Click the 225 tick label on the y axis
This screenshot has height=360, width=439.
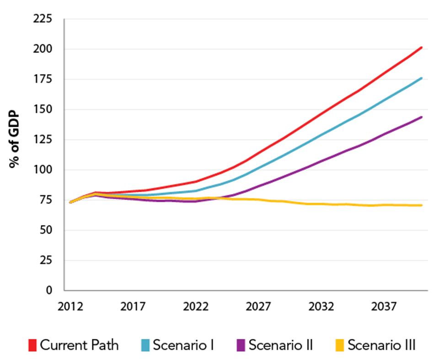pyautogui.click(x=44, y=19)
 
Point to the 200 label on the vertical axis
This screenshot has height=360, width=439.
pyautogui.click(x=44, y=49)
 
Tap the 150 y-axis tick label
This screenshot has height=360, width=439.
pyautogui.click(x=44, y=110)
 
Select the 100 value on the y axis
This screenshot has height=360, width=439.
pyautogui.click(x=44, y=170)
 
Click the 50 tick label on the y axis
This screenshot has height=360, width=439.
pyautogui.click(x=47, y=231)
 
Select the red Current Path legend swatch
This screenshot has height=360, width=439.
pyautogui.click(x=32, y=345)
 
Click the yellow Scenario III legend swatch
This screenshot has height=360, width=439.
pyautogui.click(x=339, y=345)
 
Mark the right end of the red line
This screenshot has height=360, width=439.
pyautogui.click(x=421, y=47)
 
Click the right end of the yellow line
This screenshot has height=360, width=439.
pyautogui.click(x=421, y=205)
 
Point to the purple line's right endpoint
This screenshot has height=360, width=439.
pyautogui.click(x=421, y=117)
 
